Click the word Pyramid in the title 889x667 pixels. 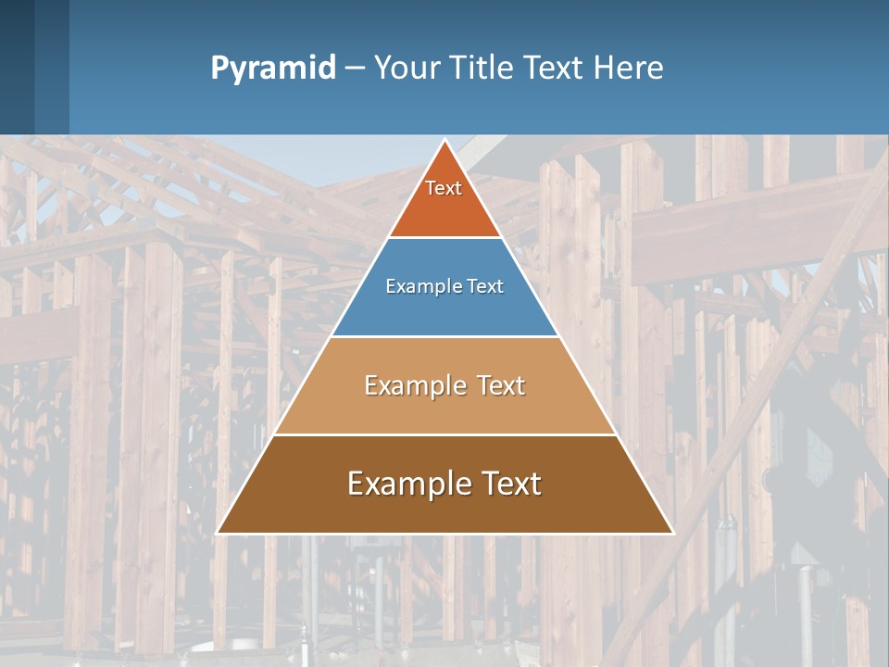pyautogui.click(x=273, y=69)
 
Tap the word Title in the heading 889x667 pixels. pyautogui.click(x=484, y=69)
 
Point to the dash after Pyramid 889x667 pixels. pyautogui.click(x=354, y=69)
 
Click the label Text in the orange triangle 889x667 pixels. pyautogui.click(x=444, y=188)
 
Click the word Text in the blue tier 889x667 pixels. pyautogui.click(x=486, y=287)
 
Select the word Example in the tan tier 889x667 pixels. pyautogui.click(x=412, y=385)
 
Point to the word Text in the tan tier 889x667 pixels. pyautogui.click(x=499, y=385)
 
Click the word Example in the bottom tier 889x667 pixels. pyautogui.click(x=404, y=484)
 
